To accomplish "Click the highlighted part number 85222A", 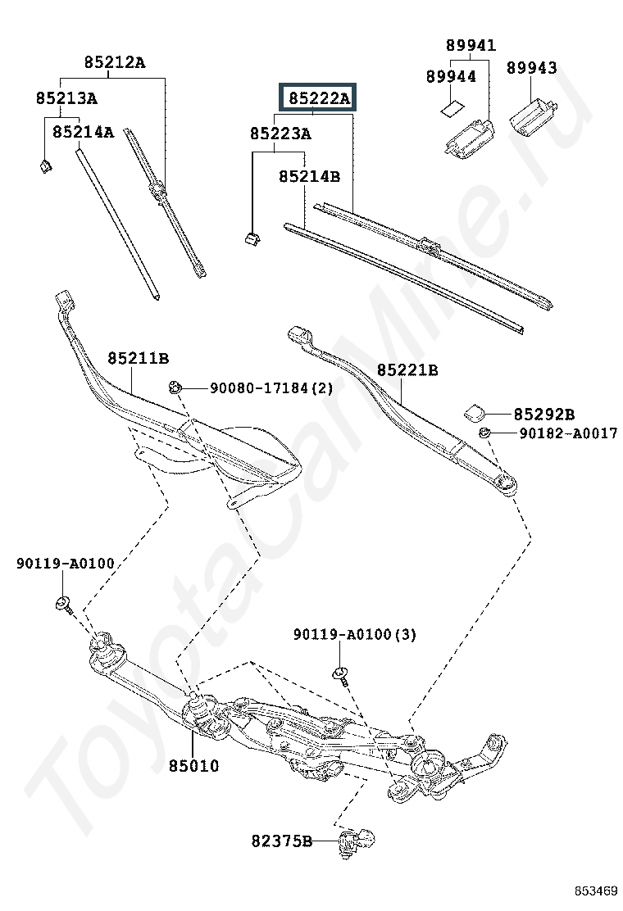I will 318,99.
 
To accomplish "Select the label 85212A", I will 115,62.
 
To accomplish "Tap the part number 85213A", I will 66,98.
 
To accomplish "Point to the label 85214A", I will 84,131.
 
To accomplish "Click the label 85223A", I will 280,133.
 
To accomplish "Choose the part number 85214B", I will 309,176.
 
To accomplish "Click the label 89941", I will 471,45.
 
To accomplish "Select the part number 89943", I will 531,68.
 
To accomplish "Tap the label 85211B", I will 138,358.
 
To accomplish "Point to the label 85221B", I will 407,370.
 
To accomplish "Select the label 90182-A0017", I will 568,433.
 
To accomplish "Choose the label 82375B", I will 282,841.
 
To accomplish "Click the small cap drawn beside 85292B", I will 475,410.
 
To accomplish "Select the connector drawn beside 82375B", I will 357,841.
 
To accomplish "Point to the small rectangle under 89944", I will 451,107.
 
